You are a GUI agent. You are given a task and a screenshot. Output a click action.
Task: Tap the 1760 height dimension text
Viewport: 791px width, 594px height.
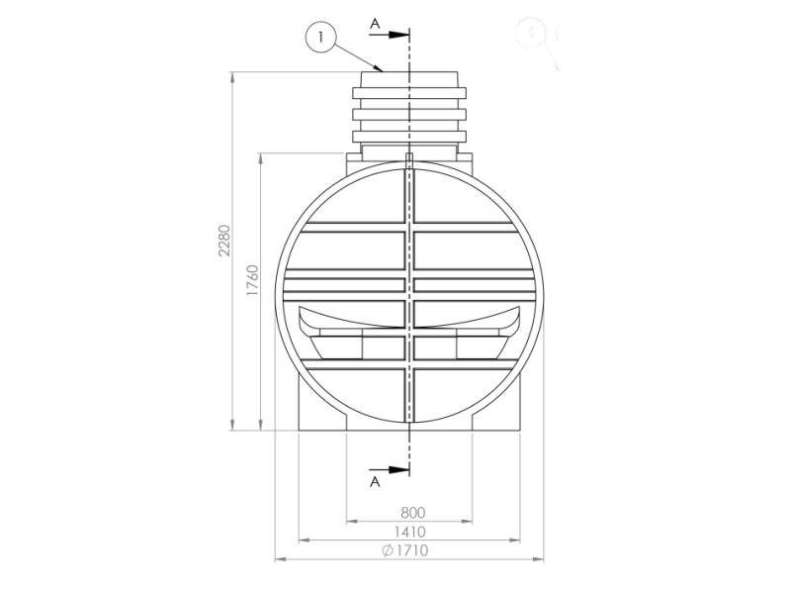252,280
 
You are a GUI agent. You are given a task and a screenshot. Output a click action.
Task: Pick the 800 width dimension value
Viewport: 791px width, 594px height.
412,513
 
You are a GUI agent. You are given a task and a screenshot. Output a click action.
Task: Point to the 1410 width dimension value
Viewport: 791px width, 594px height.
412,532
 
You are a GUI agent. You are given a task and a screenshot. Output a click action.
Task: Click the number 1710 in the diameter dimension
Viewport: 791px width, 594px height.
416,550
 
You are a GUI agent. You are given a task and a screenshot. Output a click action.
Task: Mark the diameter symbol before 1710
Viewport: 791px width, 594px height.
388,550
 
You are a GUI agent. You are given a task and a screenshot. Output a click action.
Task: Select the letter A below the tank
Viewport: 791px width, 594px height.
375,482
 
